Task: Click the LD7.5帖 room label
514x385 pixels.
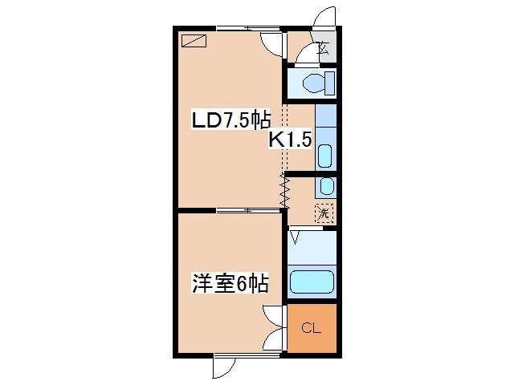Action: point(229,120)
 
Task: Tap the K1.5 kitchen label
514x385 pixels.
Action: point(289,140)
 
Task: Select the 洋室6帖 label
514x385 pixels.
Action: point(229,283)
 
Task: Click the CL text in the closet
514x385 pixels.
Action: point(311,327)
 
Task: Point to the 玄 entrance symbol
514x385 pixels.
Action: point(323,47)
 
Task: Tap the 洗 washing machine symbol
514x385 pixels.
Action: point(323,213)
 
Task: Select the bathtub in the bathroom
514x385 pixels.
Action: point(312,282)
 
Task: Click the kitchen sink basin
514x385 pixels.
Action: point(324,155)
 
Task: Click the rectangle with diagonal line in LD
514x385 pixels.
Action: point(194,41)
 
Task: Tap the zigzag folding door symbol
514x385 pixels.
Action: point(283,191)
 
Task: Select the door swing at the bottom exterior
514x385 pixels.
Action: point(222,367)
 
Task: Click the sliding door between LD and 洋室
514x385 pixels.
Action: point(249,210)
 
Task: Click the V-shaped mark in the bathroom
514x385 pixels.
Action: point(295,237)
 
